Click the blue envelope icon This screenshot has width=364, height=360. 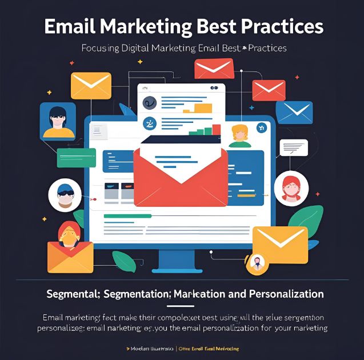[x=294, y=112]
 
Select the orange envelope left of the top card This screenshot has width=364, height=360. [x=91, y=86]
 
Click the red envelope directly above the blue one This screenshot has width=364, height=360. [x=269, y=90]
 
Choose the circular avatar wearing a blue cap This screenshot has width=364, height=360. [x=65, y=195]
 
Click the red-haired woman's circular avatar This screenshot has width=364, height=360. [x=291, y=189]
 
